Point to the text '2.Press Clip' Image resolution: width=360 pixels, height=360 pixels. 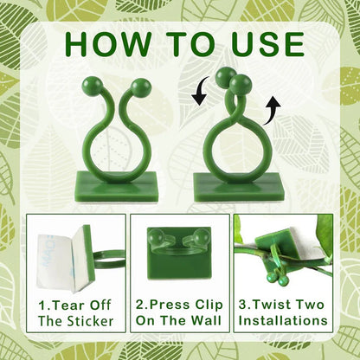pos(180,304)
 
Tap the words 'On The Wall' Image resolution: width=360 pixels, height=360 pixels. pos(180,321)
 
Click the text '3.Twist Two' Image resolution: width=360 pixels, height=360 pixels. pos(284,304)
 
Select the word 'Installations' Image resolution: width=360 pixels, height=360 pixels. pos(284,321)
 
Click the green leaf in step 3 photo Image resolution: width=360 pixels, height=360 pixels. pos(325,234)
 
